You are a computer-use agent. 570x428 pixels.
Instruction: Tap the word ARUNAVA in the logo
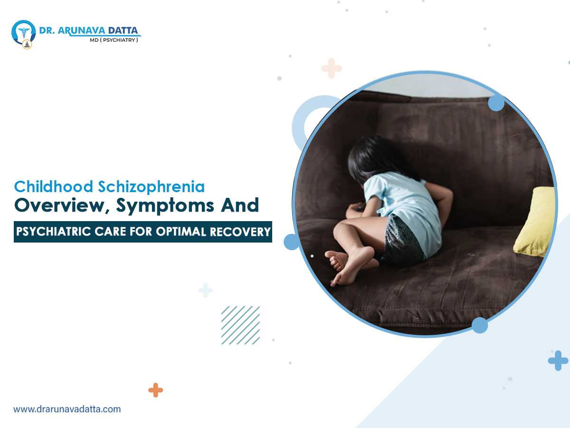81,30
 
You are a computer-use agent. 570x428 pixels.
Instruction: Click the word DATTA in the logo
123,30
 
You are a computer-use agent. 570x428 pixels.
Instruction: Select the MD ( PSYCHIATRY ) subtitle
114,40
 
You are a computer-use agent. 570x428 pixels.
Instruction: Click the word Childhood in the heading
54,186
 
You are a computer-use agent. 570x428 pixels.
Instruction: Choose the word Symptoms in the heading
165,206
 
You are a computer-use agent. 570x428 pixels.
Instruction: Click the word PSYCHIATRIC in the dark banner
53,232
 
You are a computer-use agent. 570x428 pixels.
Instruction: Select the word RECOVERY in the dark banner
240,232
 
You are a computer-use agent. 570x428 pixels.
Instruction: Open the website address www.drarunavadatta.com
67,409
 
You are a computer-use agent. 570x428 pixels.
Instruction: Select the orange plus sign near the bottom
155,390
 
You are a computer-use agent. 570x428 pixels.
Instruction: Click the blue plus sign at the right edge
558,360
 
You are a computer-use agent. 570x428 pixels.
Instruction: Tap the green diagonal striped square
240,325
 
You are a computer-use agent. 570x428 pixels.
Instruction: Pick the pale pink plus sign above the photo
332,68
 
